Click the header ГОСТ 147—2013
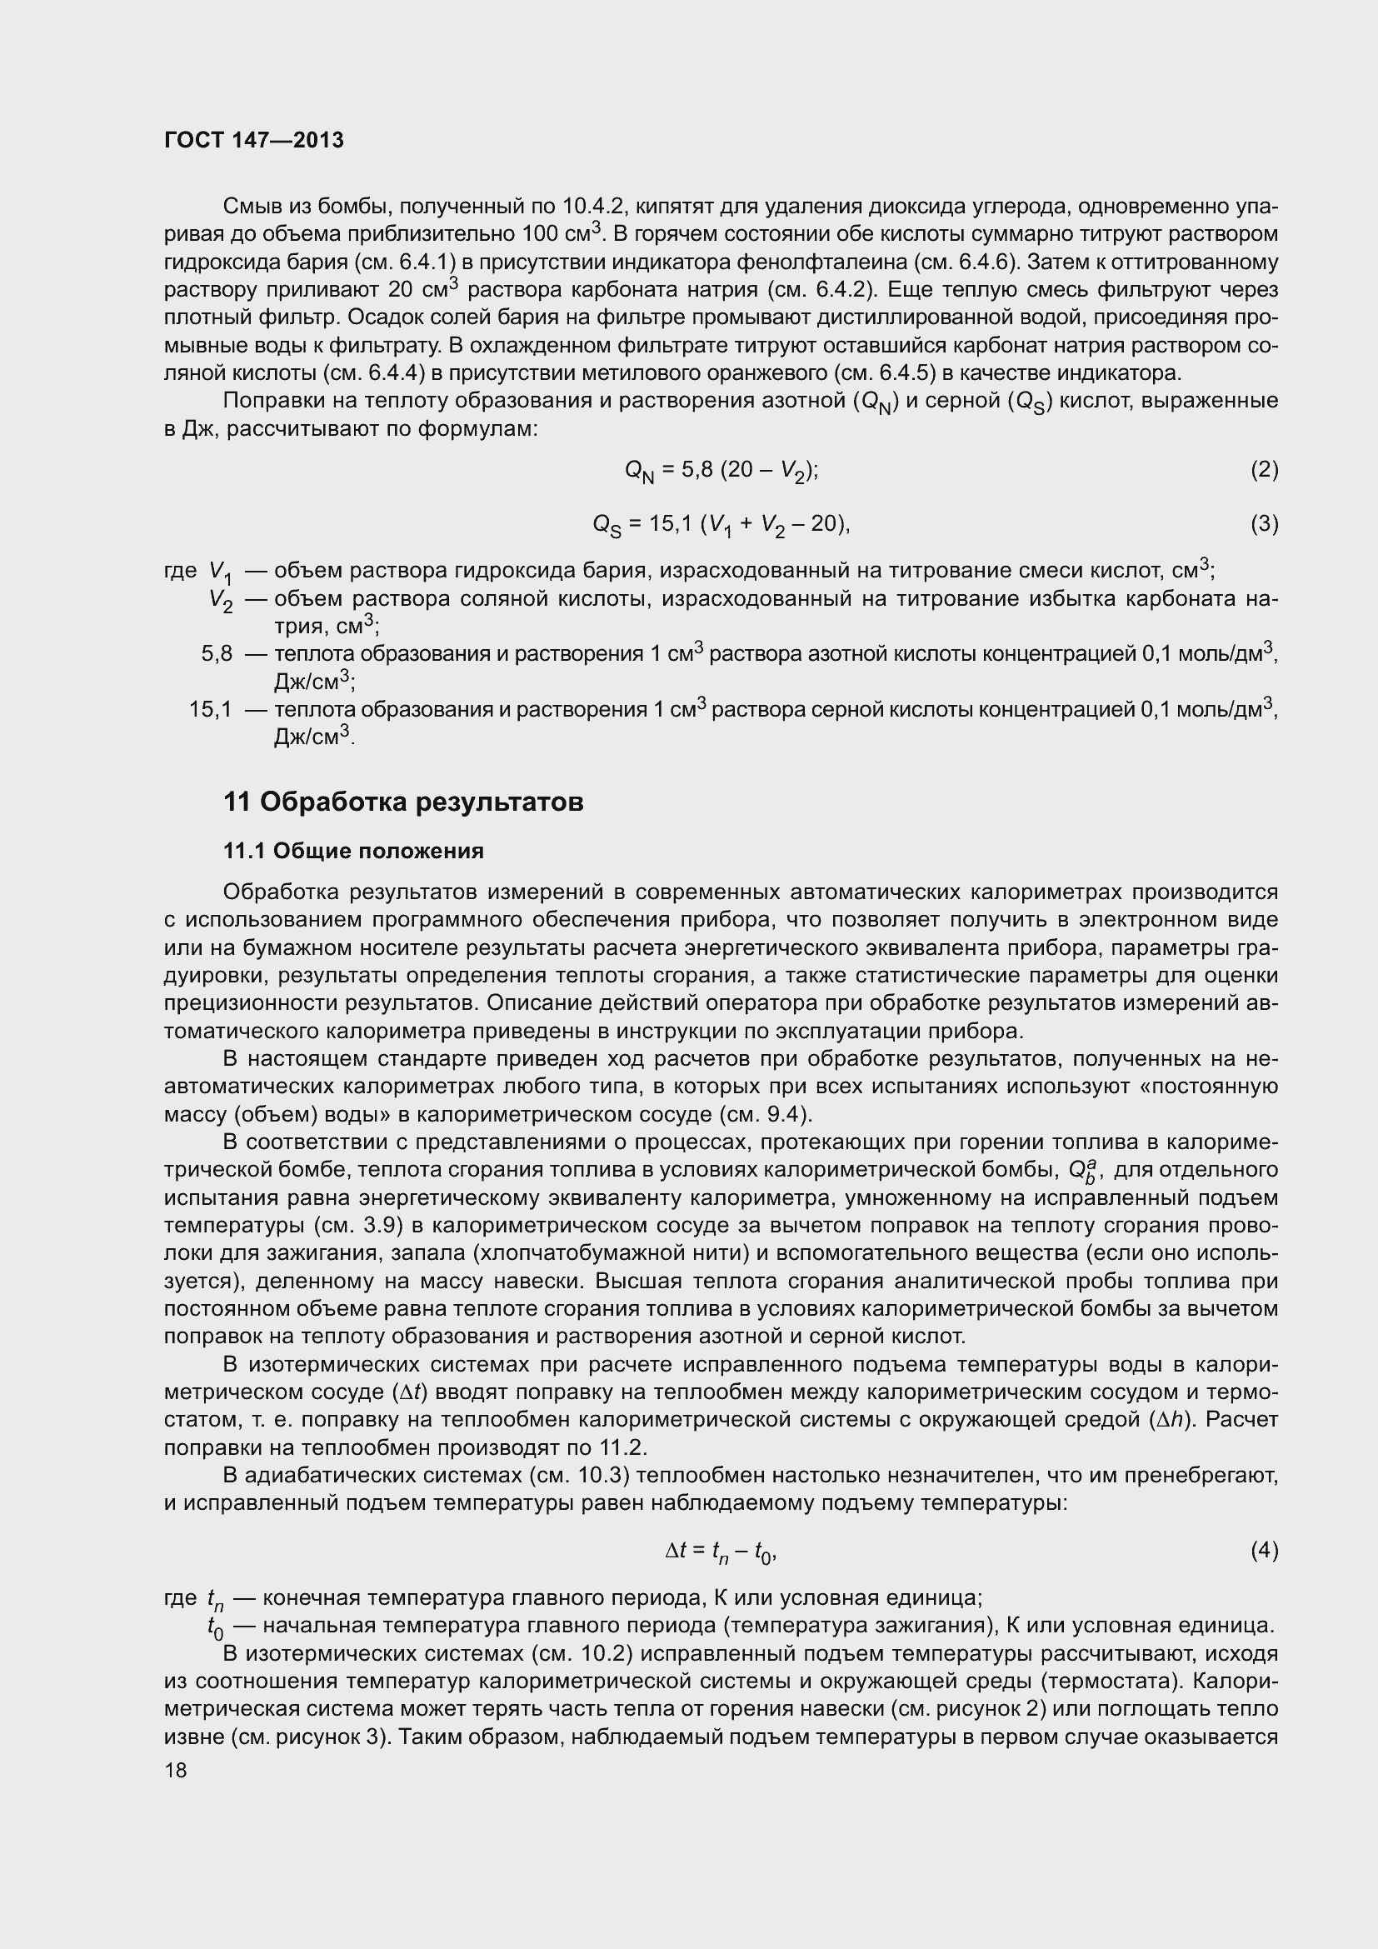[x=254, y=140]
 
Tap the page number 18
[x=176, y=1770]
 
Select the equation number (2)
[x=1264, y=469]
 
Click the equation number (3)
[x=1264, y=524]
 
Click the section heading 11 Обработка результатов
[x=403, y=801]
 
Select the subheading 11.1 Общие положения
[x=353, y=851]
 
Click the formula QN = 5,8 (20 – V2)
[x=721, y=470]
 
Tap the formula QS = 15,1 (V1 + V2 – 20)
[x=721, y=525]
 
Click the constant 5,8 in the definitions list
[x=217, y=653]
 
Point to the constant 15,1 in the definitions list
[x=211, y=709]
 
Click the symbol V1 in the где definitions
[x=221, y=572]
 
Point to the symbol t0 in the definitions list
[x=216, y=1627]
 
